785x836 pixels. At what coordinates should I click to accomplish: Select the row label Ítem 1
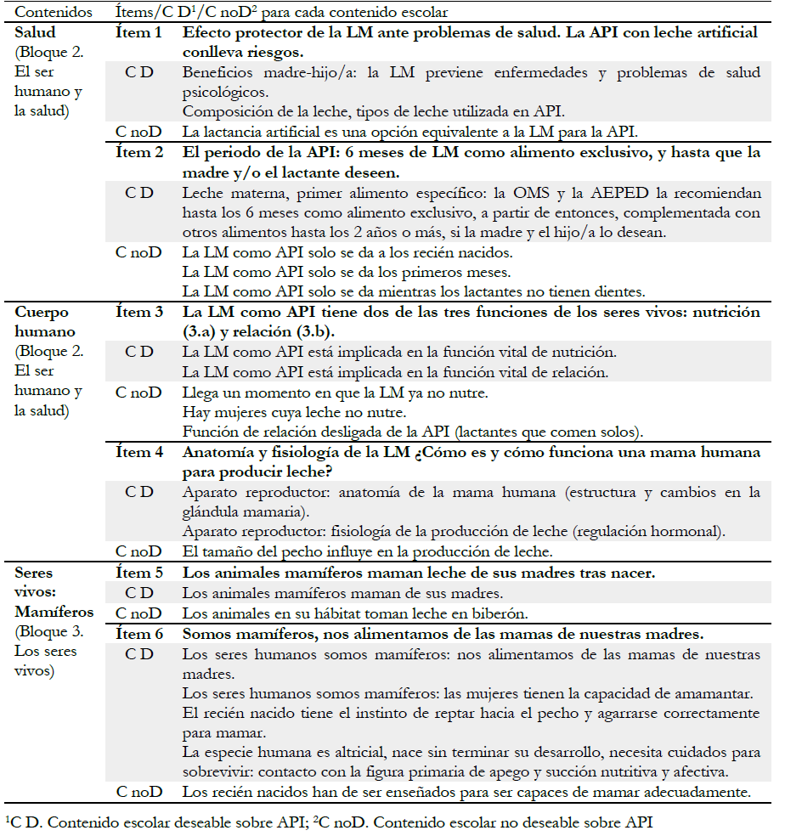[x=138, y=32]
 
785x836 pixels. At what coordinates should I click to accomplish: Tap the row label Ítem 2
[x=138, y=153]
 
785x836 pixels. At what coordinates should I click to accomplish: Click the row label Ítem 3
[x=138, y=312]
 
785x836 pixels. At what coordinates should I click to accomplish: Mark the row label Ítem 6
[x=138, y=634]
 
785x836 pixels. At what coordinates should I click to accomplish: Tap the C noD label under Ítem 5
[x=140, y=613]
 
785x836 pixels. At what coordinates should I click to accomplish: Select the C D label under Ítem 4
[x=139, y=492]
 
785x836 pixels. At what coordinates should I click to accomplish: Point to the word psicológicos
[x=222, y=92]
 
